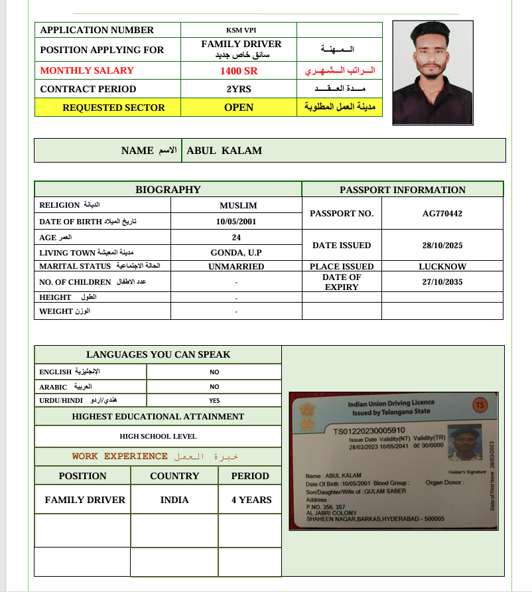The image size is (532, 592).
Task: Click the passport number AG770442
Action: click(x=442, y=214)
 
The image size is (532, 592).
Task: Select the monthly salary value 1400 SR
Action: click(x=239, y=70)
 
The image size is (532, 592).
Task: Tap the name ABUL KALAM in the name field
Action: click(x=224, y=151)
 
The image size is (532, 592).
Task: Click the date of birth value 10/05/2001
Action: click(x=236, y=222)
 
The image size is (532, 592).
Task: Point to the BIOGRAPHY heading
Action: click(x=168, y=190)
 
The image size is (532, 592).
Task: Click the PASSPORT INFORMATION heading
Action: click(x=403, y=190)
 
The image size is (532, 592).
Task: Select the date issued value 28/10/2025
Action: click(x=442, y=246)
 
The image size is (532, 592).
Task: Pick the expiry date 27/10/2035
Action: click(x=442, y=281)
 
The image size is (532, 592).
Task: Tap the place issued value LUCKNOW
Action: click(x=442, y=266)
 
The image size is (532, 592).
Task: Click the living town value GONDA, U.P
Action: click(x=236, y=253)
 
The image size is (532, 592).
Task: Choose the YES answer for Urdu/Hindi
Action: click(x=214, y=401)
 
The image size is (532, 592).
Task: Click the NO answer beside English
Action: click(x=214, y=372)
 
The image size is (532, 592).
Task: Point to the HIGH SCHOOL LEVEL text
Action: click(x=158, y=437)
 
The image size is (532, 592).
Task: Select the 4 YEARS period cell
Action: click(x=251, y=500)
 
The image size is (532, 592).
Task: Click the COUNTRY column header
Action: click(x=174, y=476)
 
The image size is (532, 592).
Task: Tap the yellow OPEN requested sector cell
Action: click(x=239, y=108)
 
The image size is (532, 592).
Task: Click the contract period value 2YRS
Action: click(x=239, y=89)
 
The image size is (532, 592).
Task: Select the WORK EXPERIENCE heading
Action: click(x=119, y=457)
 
